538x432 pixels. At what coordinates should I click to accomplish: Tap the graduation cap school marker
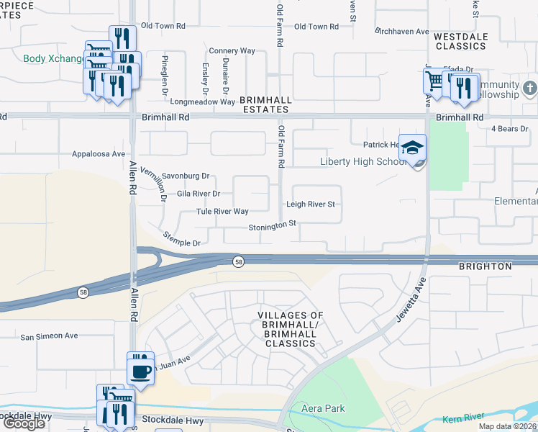pos(412,148)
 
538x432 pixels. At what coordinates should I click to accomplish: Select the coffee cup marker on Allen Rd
pos(140,372)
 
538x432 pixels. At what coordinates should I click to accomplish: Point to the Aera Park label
pos(323,409)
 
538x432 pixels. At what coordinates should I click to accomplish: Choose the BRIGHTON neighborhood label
pos(485,266)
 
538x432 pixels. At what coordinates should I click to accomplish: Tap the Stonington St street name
pos(273,225)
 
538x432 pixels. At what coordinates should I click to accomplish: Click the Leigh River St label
pos(311,204)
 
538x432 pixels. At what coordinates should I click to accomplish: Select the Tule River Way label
pos(222,212)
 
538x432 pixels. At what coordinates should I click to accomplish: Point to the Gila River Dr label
pos(198,194)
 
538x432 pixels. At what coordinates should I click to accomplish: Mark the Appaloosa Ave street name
pos(99,154)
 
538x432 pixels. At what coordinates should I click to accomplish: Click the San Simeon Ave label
pos(49,336)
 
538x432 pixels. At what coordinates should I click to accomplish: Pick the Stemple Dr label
pos(181,239)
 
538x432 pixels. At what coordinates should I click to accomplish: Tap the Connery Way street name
pos(232,51)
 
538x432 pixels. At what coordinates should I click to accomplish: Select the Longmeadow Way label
pos(203,102)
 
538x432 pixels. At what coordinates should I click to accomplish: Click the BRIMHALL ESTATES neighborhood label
pos(264,105)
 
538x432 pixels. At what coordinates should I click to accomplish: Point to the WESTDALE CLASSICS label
pos(461,41)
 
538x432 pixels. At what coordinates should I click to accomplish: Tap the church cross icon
pos(530,88)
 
